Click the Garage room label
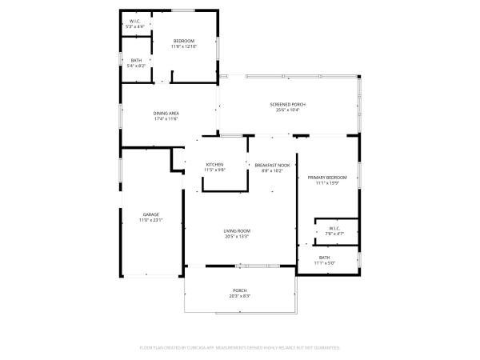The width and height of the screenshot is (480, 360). [151, 214]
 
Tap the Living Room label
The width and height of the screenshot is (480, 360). [237, 230]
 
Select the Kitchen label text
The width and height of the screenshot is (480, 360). [214, 165]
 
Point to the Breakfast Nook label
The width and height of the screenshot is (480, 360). [273, 165]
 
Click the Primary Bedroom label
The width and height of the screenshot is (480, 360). [328, 177]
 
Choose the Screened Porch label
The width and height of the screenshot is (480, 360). [287, 105]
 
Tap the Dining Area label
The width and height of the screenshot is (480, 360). [166, 113]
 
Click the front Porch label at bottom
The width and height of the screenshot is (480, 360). [240, 290]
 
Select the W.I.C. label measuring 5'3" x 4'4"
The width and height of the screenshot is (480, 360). [135, 22]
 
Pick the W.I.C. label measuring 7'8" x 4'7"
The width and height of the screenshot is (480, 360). [334, 228]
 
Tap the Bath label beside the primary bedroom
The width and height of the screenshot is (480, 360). [324, 257]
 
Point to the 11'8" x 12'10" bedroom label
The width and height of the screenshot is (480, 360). [184, 41]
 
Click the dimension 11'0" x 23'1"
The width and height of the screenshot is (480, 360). [151, 219]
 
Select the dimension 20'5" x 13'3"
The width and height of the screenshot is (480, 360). [237, 236]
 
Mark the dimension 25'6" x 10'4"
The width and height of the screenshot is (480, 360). [287, 110]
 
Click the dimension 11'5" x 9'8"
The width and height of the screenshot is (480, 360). [214, 170]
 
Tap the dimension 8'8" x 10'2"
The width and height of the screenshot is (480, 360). [273, 170]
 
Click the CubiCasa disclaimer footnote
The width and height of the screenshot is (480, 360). [240, 348]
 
